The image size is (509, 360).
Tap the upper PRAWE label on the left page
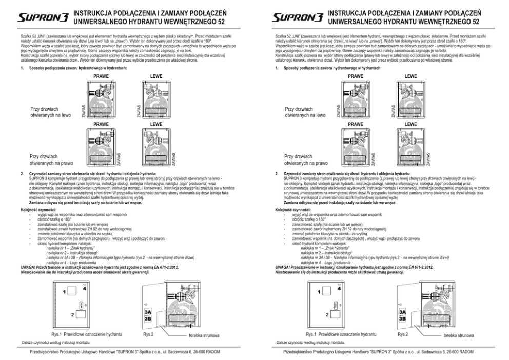[101, 76]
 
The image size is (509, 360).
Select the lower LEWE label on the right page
[410, 124]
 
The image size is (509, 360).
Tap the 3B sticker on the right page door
[403, 318]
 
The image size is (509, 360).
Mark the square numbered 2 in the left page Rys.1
[74, 314]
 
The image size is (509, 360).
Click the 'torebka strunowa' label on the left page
[204, 335]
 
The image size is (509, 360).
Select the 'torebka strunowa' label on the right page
[459, 335]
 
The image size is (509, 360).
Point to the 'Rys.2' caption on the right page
[403, 334]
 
